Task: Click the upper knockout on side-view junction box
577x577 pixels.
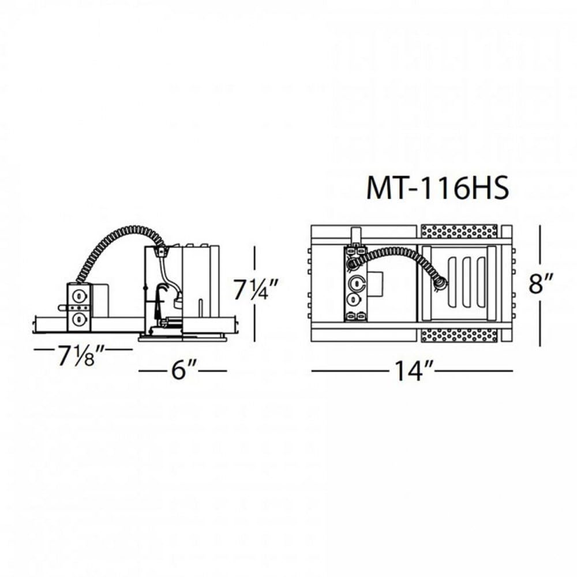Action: (79, 296)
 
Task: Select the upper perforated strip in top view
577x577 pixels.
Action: (459, 232)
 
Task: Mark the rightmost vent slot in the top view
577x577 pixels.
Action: (478, 283)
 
